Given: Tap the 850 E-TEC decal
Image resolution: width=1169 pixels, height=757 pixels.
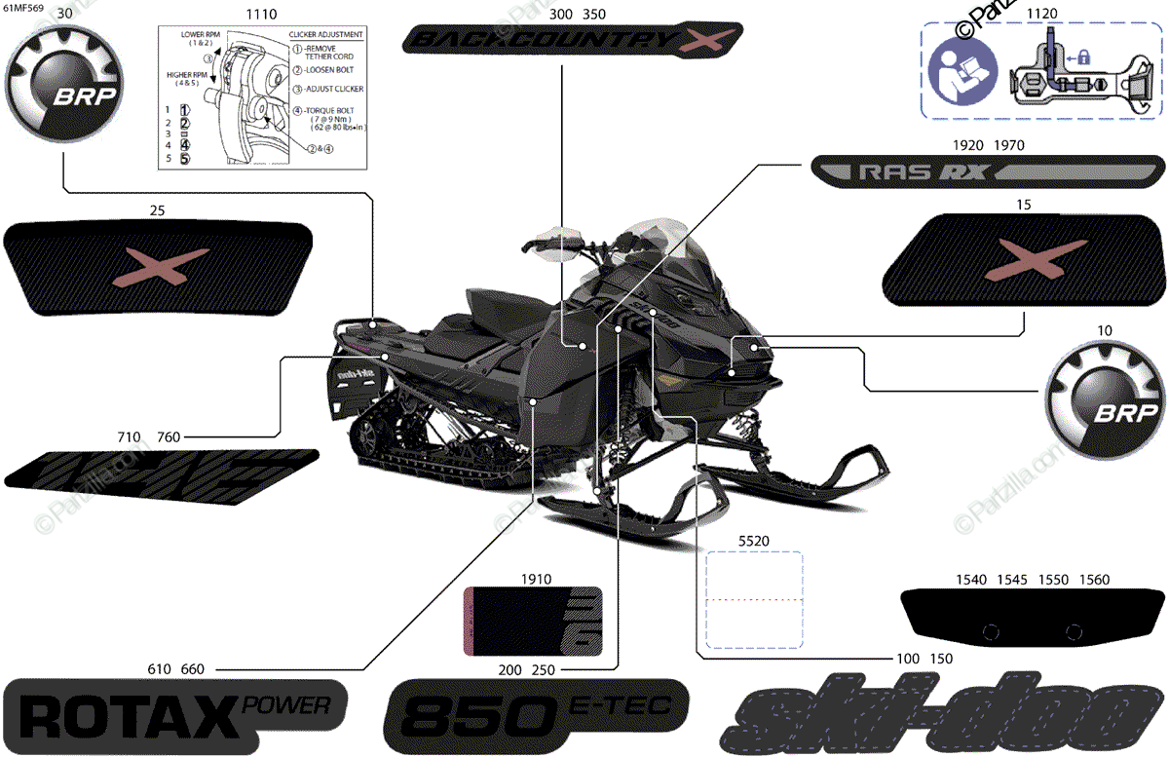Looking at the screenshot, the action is pyautogui.click(x=537, y=715).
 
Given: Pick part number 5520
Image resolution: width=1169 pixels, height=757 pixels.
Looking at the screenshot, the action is pyautogui.click(x=754, y=538).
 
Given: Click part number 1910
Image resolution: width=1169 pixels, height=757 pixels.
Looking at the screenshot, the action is pyautogui.click(x=536, y=579).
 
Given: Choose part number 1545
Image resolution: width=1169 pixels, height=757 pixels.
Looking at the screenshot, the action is pyautogui.click(x=1011, y=580).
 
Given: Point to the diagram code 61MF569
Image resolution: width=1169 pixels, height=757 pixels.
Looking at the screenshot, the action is pyautogui.click(x=21, y=7).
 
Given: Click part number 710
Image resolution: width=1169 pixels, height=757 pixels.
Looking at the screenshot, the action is pyautogui.click(x=128, y=436).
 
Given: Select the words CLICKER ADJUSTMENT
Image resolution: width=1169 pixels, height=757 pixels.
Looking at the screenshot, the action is pyautogui.click(x=326, y=34).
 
